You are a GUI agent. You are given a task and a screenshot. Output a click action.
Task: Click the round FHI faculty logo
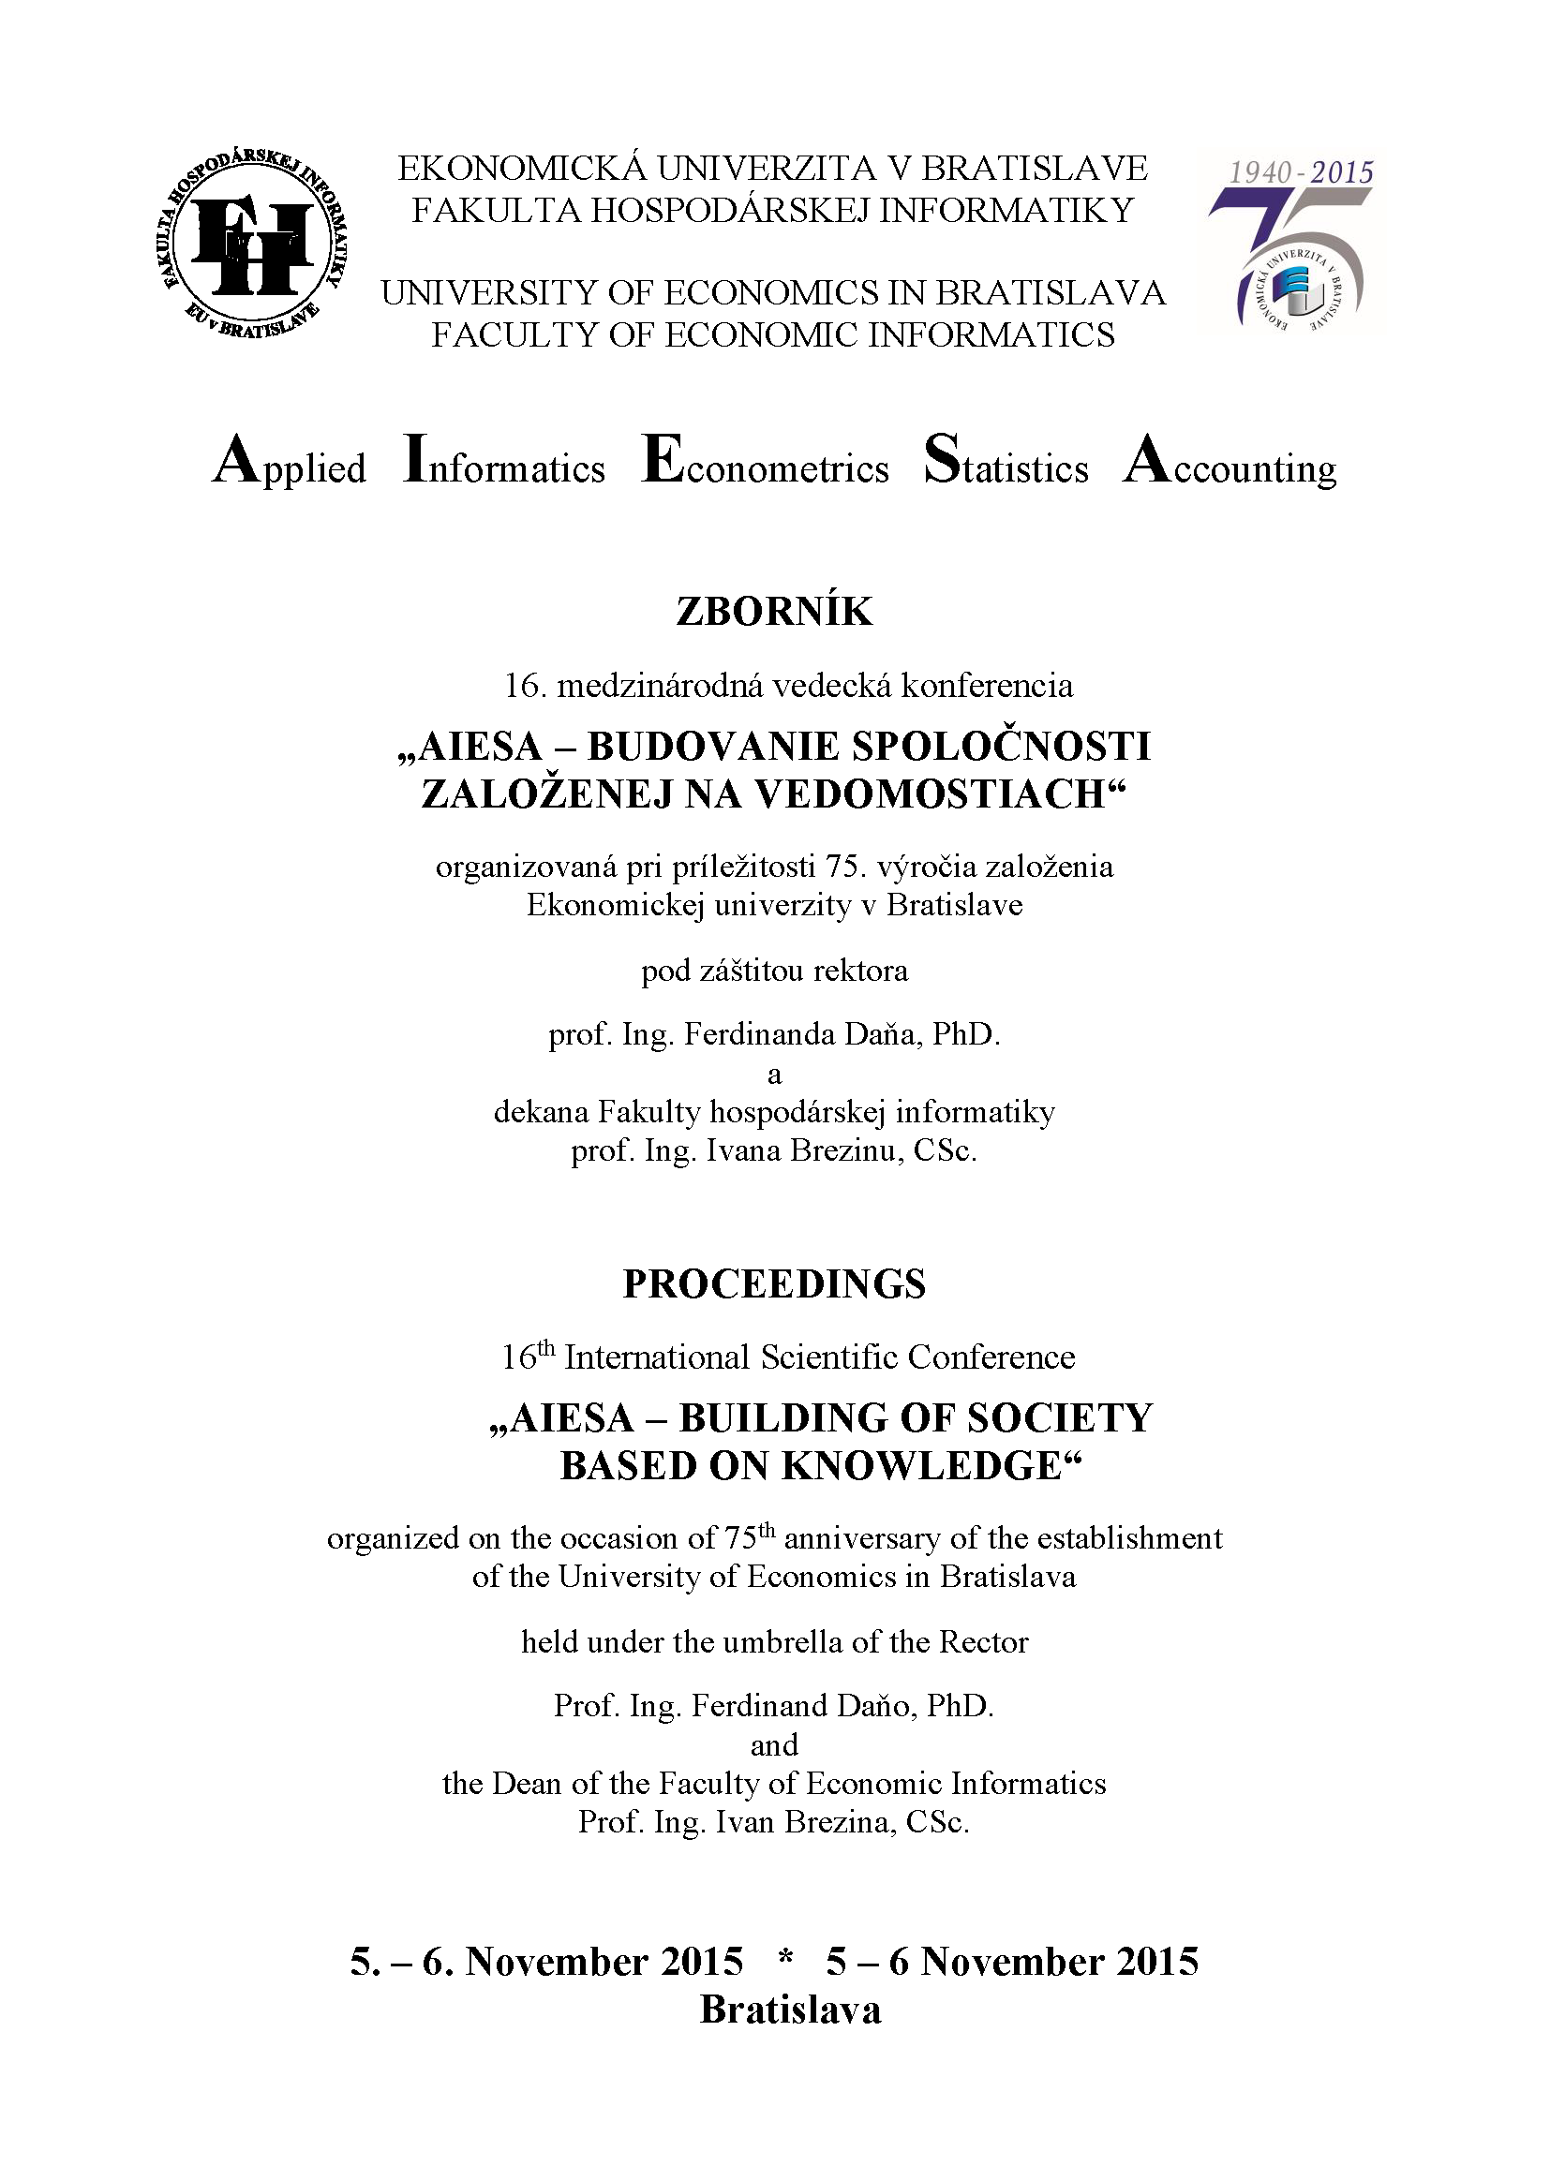coord(250,245)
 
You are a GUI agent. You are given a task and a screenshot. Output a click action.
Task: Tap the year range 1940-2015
coord(1300,172)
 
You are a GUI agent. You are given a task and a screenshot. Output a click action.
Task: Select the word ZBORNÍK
coord(774,612)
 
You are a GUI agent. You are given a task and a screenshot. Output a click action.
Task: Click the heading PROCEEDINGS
coord(774,1284)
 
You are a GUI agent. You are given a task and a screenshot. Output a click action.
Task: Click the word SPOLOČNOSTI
coord(1001,746)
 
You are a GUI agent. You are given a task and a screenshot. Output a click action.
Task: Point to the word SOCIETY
coord(1060,1418)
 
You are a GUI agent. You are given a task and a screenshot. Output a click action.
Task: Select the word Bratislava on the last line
coord(790,2010)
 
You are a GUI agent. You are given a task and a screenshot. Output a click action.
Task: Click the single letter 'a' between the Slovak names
coord(774,1075)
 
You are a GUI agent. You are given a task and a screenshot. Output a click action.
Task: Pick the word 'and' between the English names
coord(774,1746)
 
